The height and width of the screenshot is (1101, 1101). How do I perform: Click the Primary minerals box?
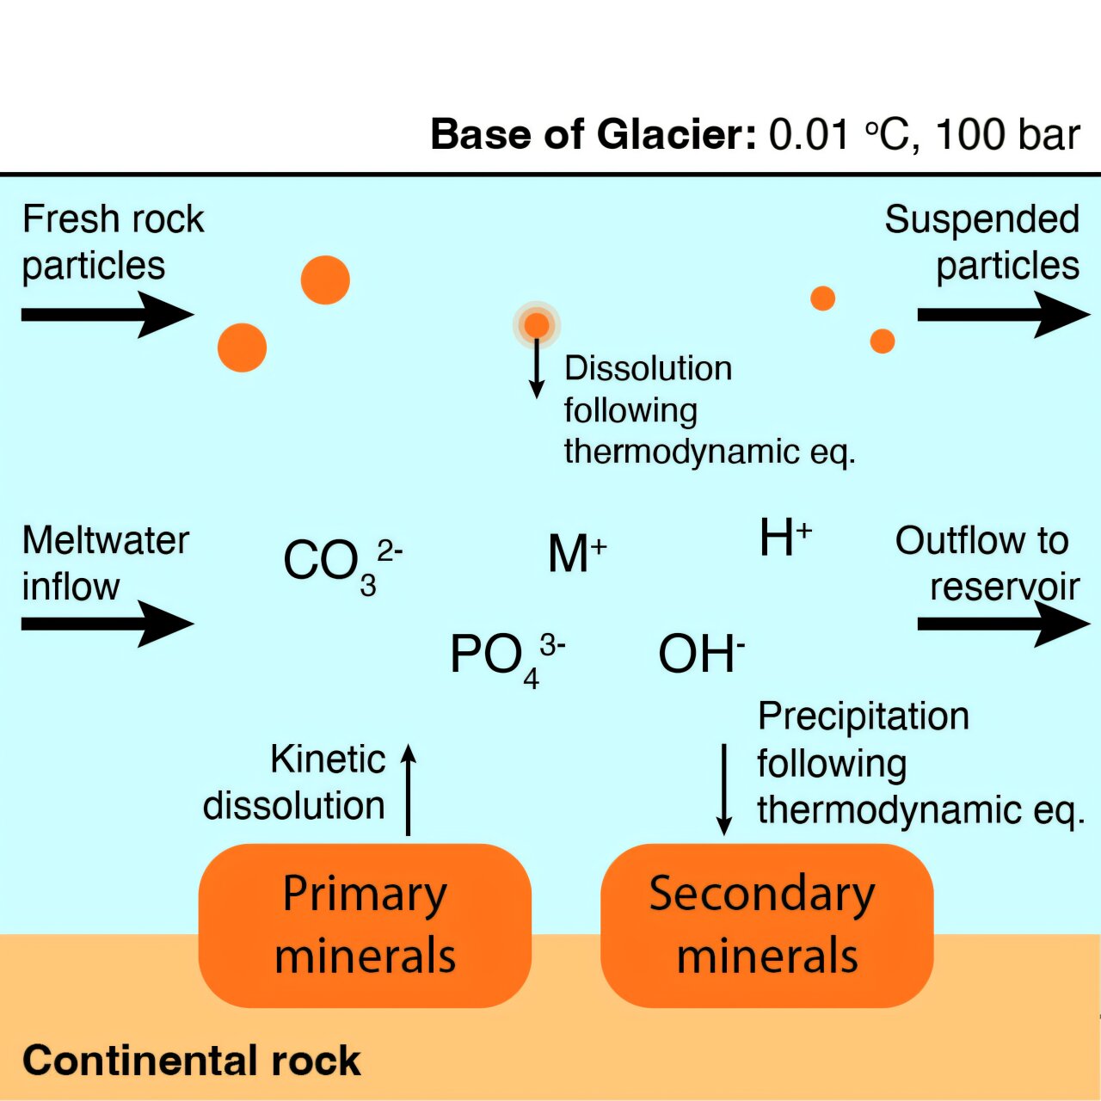point(365,925)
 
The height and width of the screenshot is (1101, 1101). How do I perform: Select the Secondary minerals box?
point(766,925)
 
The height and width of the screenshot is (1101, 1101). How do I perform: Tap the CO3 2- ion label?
point(343,567)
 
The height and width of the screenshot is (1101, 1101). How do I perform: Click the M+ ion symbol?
point(577,553)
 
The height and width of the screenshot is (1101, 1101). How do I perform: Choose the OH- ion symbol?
point(702,654)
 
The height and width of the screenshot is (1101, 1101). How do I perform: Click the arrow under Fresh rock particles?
point(108,314)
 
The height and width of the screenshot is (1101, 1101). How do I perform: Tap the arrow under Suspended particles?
point(1004,314)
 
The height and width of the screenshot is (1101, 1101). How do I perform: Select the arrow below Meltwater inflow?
point(108,624)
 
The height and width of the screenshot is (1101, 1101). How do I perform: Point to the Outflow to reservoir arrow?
point(1004,624)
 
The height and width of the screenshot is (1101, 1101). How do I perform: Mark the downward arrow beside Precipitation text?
point(724,789)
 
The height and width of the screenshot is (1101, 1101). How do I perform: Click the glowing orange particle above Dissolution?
point(537,324)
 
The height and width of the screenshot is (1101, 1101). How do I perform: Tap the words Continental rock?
point(192,1061)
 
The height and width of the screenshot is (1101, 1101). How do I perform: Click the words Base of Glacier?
point(593,135)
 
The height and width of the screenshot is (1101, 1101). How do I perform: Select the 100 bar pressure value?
point(1008,135)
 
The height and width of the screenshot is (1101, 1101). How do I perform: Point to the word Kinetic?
point(328,760)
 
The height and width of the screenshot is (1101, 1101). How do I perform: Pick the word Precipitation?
point(864,717)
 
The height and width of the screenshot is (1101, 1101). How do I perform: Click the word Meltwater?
point(106,540)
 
